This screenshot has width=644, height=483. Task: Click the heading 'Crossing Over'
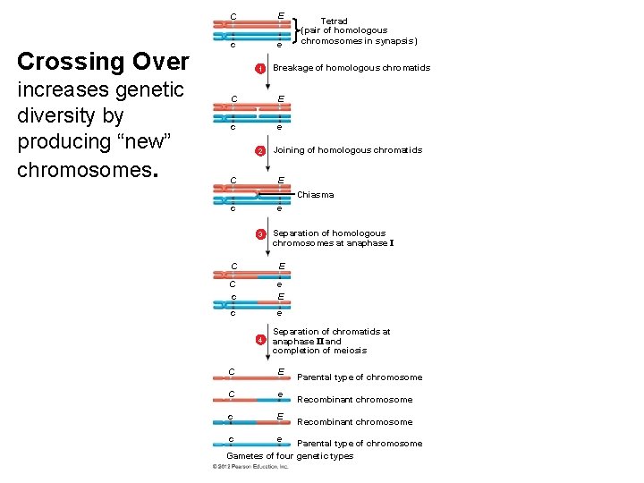[x=103, y=62]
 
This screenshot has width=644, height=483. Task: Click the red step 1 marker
[x=260, y=69]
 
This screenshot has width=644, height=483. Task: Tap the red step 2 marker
[x=260, y=151]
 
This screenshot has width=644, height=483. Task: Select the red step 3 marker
[x=260, y=234]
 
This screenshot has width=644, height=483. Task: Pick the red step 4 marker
[x=260, y=341]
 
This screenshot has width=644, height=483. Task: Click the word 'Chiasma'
[x=315, y=194]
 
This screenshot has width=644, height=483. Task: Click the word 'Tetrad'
[x=334, y=21]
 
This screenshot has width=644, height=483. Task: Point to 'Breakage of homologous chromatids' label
[x=352, y=68]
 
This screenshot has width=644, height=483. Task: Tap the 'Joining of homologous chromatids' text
[x=347, y=150]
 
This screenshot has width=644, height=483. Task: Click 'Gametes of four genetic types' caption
[x=290, y=455]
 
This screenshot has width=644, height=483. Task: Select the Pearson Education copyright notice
[x=250, y=466]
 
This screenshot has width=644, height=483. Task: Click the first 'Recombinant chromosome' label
[x=354, y=400]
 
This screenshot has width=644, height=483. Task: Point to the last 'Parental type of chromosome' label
[x=359, y=444]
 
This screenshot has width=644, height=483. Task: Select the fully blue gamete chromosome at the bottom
[x=256, y=444]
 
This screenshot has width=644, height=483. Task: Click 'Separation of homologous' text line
[x=328, y=233]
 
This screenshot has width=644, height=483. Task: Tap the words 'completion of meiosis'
[x=319, y=351]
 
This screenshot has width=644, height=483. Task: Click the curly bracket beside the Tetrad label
[x=296, y=30]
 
